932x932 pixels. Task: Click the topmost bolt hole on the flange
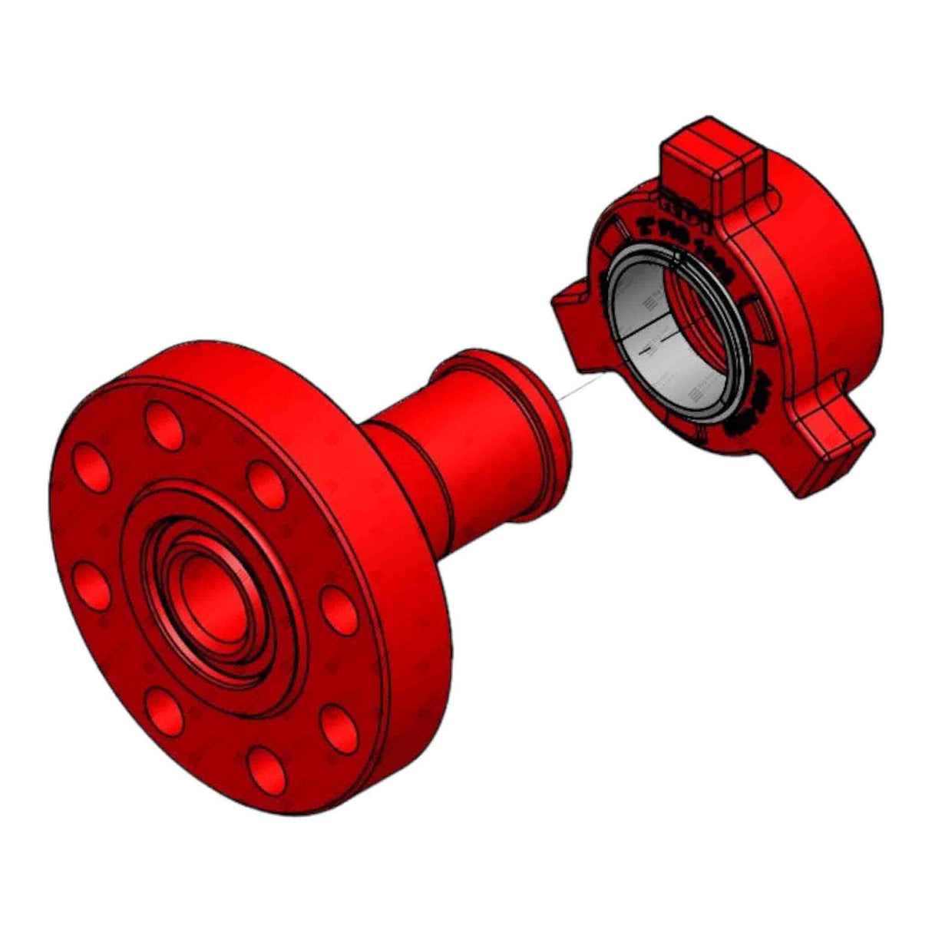[164, 424]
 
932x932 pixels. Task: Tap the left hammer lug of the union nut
[572, 311]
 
